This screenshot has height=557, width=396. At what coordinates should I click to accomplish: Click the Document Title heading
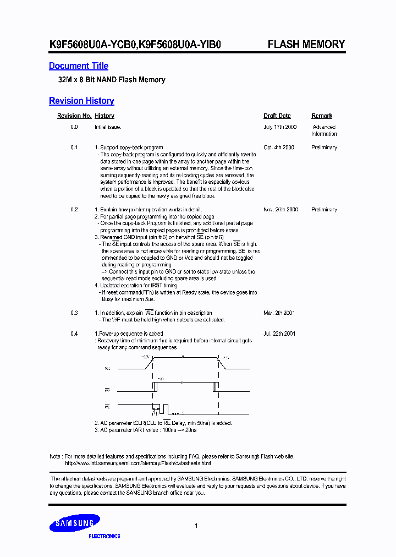tap(79, 66)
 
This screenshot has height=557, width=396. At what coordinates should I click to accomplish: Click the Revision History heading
tap(81, 101)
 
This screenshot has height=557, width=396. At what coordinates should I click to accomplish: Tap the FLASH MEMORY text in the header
tap(306, 45)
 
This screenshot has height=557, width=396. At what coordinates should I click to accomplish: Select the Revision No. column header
tap(74, 116)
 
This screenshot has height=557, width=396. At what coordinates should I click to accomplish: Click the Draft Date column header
tap(277, 116)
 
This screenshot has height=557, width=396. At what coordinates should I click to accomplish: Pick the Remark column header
tap(322, 116)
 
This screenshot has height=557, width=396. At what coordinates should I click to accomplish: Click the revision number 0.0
tap(74, 127)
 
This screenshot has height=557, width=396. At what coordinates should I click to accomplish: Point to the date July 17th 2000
tap(280, 127)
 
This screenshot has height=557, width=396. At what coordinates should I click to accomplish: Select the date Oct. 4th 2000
tap(279, 148)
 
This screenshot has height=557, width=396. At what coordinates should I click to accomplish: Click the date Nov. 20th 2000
tap(280, 210)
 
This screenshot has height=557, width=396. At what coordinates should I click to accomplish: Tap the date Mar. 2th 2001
tap(279, 313)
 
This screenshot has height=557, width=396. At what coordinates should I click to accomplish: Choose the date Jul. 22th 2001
tap(279, 334)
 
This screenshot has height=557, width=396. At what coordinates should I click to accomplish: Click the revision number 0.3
tap(74, 313)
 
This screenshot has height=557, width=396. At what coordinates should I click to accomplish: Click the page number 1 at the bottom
tap(196, 526)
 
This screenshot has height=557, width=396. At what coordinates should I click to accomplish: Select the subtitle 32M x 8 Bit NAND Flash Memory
tap(112, 80)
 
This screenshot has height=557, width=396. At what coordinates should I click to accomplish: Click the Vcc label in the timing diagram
tap(107, 368)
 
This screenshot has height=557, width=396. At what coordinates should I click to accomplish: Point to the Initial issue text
tap(108, 127)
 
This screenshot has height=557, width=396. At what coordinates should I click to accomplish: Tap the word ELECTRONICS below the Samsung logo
tap(105, 536)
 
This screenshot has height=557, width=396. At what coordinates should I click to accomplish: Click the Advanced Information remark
tap(324, 130)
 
